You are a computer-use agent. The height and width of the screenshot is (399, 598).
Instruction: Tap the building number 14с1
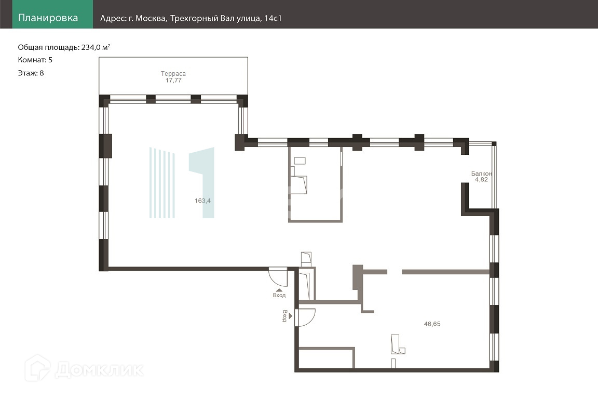(273, 18)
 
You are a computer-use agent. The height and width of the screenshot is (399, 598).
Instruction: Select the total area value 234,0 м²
(96, 47)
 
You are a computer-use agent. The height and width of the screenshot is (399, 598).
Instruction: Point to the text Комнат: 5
(35, 60)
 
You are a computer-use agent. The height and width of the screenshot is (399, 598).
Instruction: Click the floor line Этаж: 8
(31, 73)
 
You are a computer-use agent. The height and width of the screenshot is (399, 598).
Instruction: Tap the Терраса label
(173, 74)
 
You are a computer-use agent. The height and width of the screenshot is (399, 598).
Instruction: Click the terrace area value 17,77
(173, 80)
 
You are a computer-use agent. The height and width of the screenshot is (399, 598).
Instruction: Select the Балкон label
(481, 174)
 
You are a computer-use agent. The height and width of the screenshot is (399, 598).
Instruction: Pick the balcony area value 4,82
(481, 179)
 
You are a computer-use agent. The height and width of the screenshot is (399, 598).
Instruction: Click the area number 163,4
(202, 201)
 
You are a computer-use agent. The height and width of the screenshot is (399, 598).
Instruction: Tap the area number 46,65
(432, 324)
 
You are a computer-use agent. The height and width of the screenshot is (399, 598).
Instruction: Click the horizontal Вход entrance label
(279, 295)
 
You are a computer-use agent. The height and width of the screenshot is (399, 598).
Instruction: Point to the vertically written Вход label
(284, 316)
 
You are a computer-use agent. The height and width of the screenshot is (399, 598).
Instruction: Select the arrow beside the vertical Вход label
(291, 316)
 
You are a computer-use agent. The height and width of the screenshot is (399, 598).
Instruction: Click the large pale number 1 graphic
(202, 182)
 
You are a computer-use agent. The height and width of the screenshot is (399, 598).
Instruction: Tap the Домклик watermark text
(99, 369)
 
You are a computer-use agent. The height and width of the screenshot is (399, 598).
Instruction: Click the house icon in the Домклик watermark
(37, 368)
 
